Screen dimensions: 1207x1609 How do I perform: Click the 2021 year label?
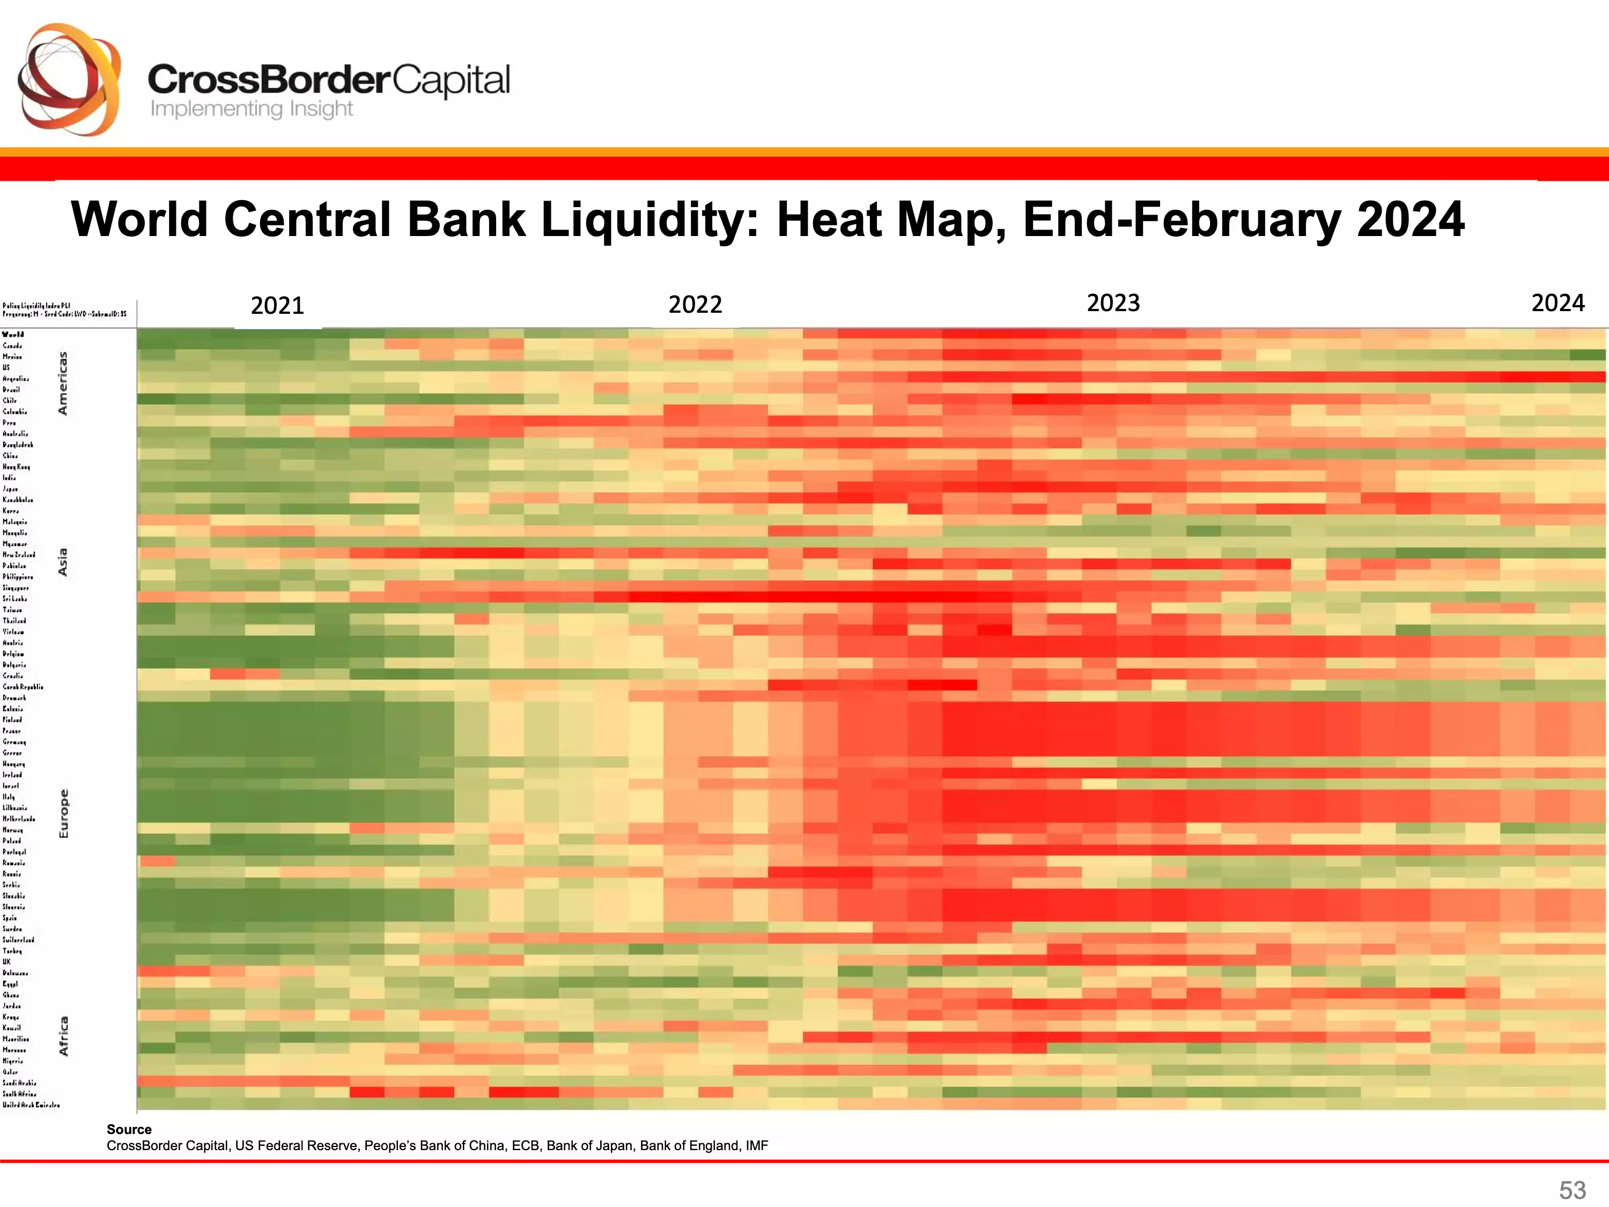277,306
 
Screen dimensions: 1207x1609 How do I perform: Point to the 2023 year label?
1113,303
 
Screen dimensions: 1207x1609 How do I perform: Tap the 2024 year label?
1558,303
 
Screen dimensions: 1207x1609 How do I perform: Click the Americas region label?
63,384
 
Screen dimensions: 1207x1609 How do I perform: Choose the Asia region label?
63,562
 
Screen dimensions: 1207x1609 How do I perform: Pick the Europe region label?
63,813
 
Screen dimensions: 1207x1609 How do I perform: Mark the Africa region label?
63,1036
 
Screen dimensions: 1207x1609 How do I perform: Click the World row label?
13,335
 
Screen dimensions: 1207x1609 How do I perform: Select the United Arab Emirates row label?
31,1105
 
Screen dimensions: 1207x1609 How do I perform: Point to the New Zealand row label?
19,554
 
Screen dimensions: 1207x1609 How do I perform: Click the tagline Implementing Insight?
251,109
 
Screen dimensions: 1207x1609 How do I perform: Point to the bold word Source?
129,1129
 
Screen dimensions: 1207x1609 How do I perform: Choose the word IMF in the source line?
756,1146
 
